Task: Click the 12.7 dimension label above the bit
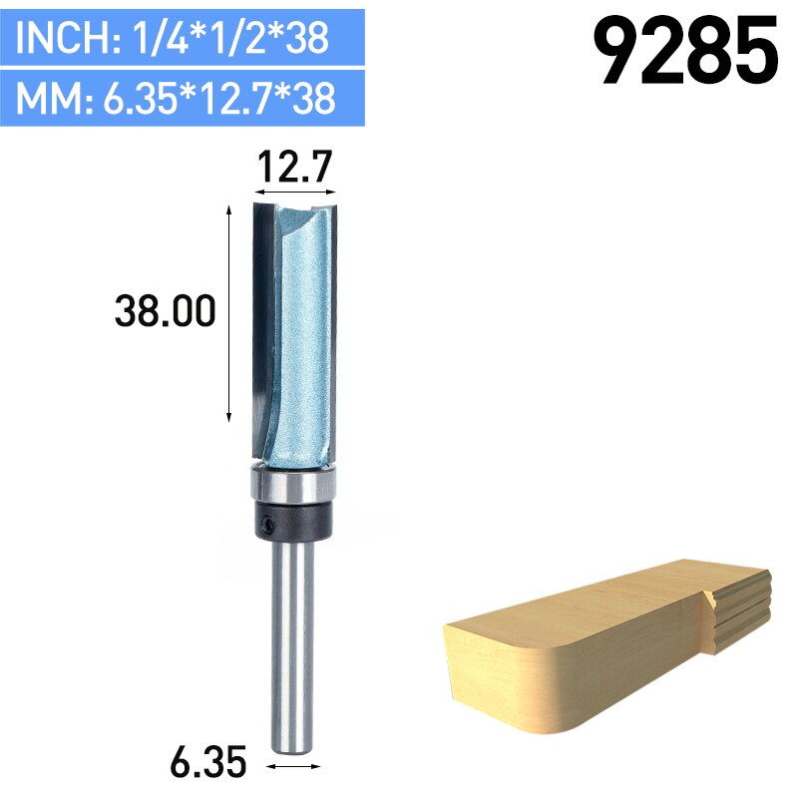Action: click(x=294, y=168)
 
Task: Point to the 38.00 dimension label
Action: click(x=166, y=312)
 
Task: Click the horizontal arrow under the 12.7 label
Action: click(x=294, y=192)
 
